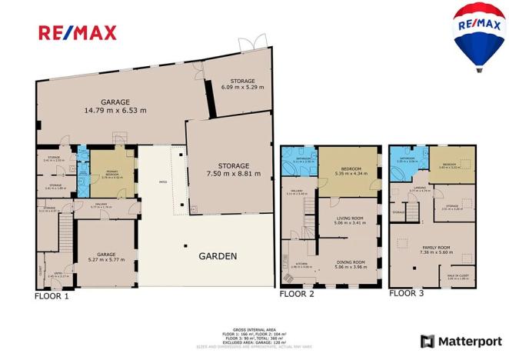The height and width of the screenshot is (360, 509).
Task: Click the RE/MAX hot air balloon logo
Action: point(475,35)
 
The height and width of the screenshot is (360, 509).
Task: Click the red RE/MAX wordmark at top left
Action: point(78,33)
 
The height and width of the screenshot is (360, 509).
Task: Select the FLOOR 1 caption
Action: point(52,295)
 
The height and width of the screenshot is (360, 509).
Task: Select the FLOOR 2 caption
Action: point(296,294)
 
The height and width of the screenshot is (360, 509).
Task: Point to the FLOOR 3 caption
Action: point(405,293)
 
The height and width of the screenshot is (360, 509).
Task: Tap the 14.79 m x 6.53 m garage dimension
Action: point(115,110)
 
